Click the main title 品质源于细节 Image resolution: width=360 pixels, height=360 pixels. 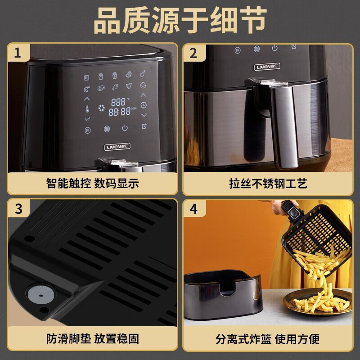pos(180,21)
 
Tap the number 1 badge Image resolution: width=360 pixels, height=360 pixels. pos(18,54)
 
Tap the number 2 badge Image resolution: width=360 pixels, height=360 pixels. pos(194,54)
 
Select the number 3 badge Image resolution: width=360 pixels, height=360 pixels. pos(18,209)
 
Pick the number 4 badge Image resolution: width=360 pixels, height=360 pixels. pos(194,209)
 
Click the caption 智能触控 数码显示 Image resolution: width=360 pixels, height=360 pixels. pos(92,184)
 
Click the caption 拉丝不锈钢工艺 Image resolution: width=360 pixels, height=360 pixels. pos(268,184)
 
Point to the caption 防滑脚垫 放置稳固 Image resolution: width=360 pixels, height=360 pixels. pos(92,338)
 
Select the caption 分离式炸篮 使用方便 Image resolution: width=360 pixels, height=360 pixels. pos(268,338)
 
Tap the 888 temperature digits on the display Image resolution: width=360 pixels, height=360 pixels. pos(118,102)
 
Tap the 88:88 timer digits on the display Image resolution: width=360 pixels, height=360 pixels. pos(119,112)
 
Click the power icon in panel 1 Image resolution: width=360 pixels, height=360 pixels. pos(125,129)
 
